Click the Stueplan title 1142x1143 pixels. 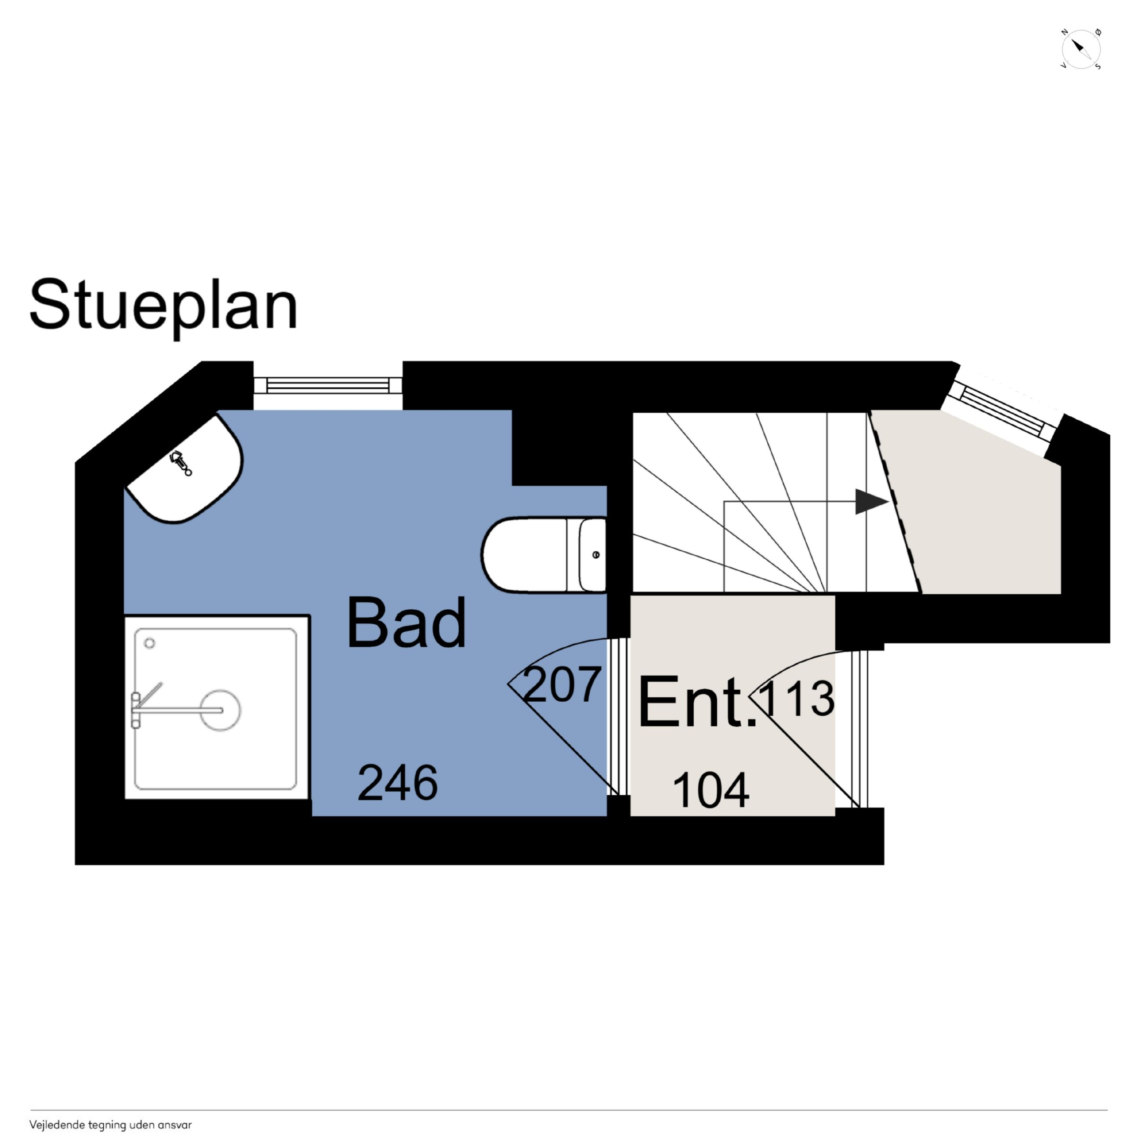tap(164, 306)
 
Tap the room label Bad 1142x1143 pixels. tap(406, 623)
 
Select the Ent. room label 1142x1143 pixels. tap(697, 702)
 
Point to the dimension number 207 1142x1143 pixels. tap(562, 684)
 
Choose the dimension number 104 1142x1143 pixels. tap(711, 790)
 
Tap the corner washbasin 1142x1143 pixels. tap(185, 469)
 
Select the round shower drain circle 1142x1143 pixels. tap(220, 710)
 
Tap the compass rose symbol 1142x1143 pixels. tap(1080, 50)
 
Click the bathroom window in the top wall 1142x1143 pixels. tap(328, 385)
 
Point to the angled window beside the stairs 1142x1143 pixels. tap(1002, 411)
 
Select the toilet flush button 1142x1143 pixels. tap(595, 554)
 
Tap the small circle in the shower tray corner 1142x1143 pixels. tap(150, 643)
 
